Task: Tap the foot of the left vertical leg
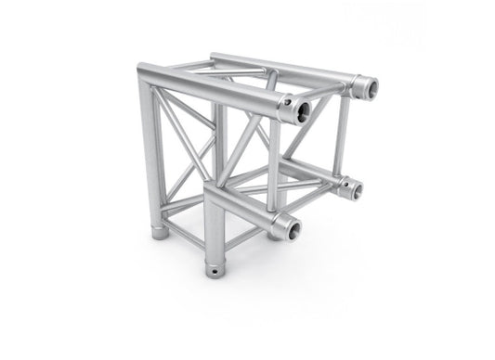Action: point(160,228)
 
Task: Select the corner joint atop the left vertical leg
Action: point(148,74)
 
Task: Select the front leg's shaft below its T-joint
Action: point(216,237)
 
